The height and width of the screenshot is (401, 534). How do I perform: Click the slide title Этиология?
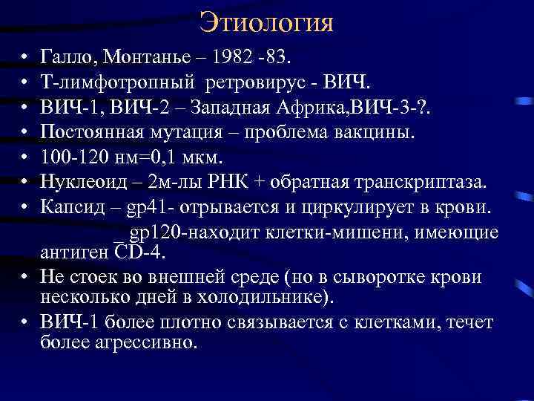266,22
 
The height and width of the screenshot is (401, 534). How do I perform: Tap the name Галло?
69,56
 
